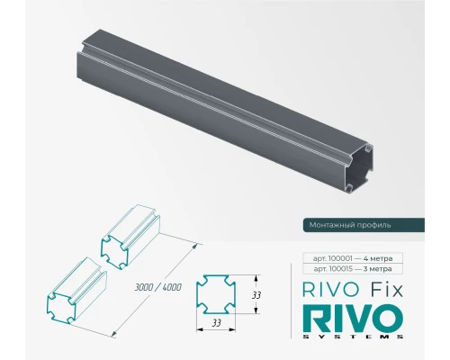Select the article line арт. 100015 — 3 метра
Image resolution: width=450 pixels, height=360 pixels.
(347, 269)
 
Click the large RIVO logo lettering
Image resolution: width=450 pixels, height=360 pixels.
(346, 319)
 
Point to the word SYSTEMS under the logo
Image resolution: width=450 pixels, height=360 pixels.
(346, 337)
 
